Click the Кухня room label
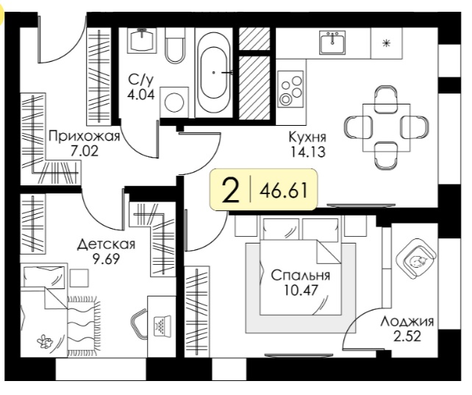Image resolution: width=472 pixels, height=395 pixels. [x=307, y=138]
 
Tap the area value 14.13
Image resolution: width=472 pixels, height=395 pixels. [x=307, y=152]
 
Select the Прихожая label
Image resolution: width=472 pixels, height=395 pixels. [x=85, y=137]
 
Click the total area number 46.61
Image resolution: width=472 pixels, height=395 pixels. [x=285, y=191]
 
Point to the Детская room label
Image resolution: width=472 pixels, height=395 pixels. [x=107, y=244]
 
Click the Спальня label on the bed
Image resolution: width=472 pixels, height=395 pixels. [x=301, y=276]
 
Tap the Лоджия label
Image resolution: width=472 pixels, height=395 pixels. [x=407, y=322]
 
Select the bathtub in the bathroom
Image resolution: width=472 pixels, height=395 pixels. [x=214, y=72]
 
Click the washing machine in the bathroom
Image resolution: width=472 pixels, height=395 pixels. [x=174, y=102]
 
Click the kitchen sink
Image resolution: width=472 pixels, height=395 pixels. [x=332, y=43]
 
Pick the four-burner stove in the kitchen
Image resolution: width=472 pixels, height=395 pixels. [x=290, y=89]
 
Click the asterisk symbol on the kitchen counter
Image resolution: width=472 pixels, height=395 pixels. [x=386, y=44]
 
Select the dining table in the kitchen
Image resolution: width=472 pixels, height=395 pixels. [x=387, y=128]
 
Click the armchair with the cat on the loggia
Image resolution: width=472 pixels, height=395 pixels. [x=416, y=258]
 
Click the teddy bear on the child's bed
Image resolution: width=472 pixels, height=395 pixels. [x=44, y=342]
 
